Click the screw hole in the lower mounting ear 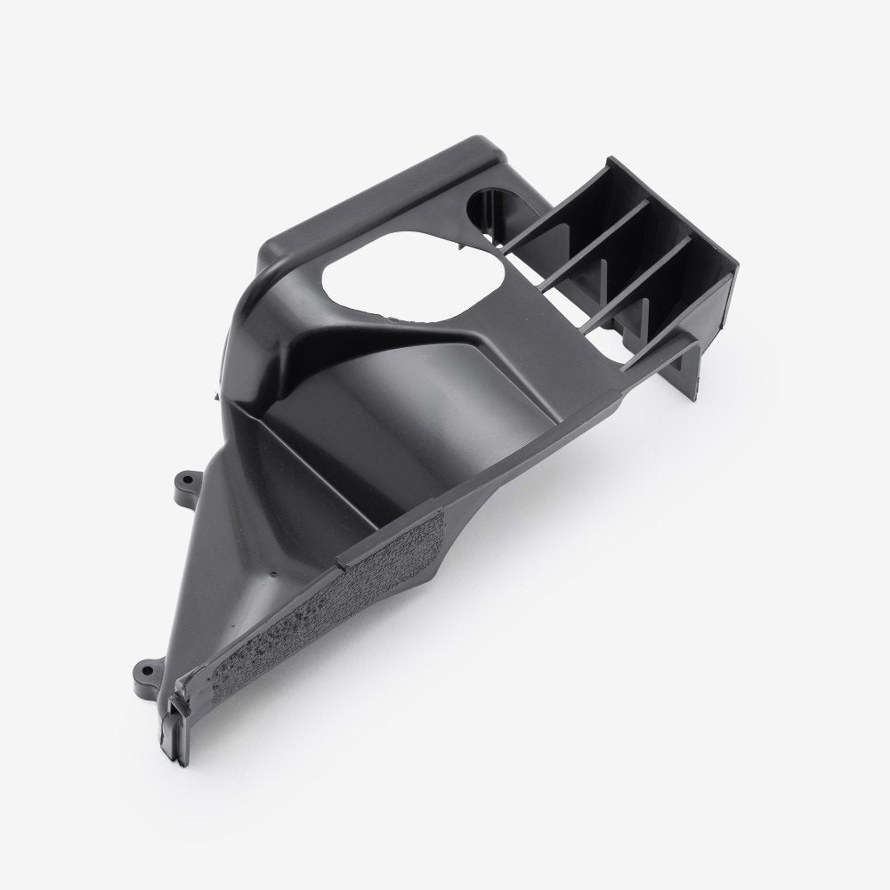click(142, 665)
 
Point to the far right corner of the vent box click(738, 259)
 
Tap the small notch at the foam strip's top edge click(341, 562)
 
